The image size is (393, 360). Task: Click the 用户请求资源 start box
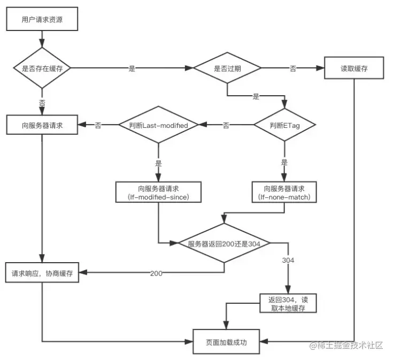42,21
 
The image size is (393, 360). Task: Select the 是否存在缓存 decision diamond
42,68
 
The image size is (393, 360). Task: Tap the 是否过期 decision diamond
227,68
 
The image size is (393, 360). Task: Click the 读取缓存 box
354,68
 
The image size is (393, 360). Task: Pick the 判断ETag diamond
284,125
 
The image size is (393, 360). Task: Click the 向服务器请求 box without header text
42,125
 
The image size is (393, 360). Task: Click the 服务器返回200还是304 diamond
224,244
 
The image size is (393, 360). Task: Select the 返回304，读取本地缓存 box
289,303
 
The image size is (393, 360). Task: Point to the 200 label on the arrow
156,273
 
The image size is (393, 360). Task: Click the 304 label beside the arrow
288,260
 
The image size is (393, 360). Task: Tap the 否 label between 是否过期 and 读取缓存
293,68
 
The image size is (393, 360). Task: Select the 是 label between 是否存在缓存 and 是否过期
132,68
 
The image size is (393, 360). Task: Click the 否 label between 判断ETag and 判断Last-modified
226,125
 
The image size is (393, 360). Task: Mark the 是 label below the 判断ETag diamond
284,162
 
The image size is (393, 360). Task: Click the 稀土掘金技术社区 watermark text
348,345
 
